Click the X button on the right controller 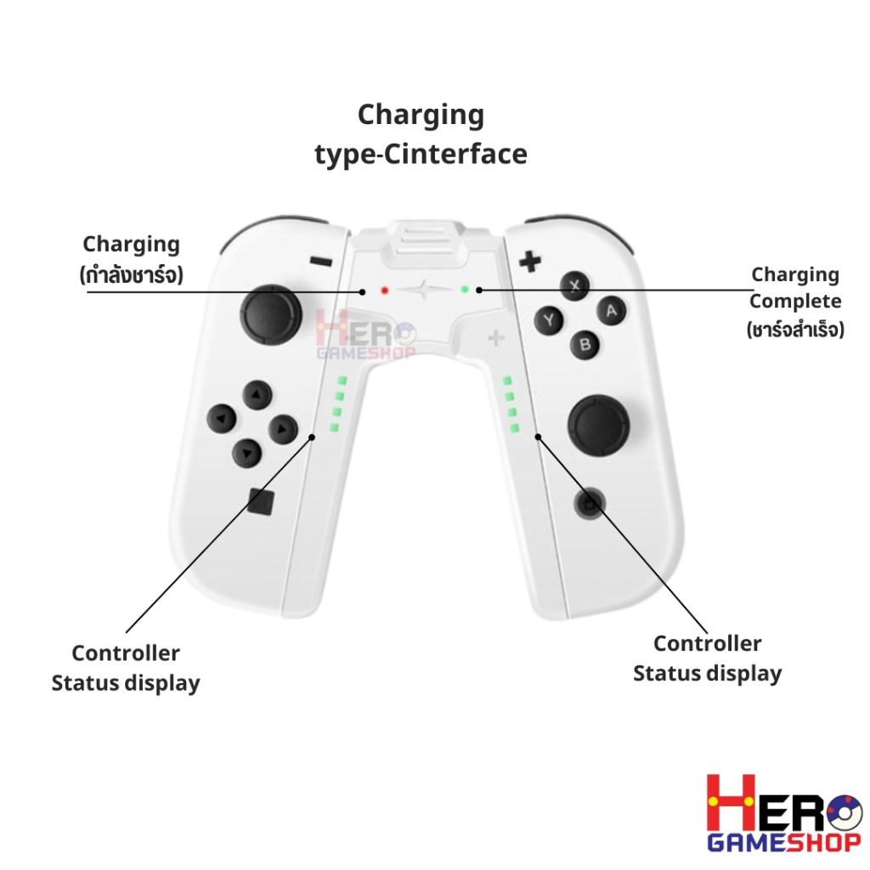[574, 285]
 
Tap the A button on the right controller [612, 310]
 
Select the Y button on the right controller [549, 320]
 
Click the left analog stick [271, 315]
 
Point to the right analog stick [598, 426]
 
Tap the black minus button [320, 262]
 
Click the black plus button [530, 261]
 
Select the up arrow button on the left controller [257, 395]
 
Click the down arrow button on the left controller [247, 453]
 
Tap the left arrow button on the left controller [222, 419]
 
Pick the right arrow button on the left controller [283, 429]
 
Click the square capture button [261, 501]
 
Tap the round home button [589, 503]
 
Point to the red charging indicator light [385, 291]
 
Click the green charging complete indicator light [465, 289]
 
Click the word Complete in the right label [795, 302]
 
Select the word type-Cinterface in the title [421, 155]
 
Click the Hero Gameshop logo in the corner [784, 813]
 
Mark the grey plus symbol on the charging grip [496, 338]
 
